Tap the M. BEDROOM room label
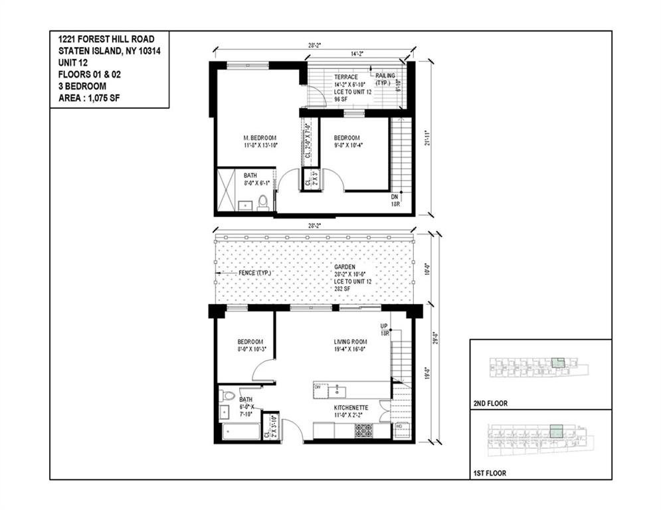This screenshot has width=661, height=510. tap(259, 138)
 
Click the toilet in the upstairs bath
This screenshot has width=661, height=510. tap(263, 201)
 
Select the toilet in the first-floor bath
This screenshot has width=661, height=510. tap(227, 396)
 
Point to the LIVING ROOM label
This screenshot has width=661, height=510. tap(350, 343)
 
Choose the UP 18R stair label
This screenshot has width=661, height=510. tap(385, 330)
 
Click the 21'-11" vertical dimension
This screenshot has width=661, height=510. tap(432, 140)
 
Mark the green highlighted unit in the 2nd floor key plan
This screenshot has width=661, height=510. tap(557, 363)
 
